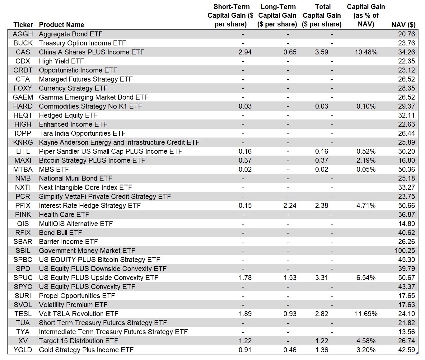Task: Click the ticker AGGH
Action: (23, 34)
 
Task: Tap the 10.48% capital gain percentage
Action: (366, 52)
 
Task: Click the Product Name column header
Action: (61, 25)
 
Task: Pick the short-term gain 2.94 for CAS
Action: (245, 52)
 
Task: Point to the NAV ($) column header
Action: (403, 25)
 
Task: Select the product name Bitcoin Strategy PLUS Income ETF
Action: (92, 160)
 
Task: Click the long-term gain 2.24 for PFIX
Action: (290, 205)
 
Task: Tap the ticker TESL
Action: (23, 314)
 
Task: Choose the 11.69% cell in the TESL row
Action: (366, 314)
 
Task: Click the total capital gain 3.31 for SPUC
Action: (321, 278)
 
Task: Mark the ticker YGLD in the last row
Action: (23, 350)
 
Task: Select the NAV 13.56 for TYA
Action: (406, 332)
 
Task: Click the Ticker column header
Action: (23, 25)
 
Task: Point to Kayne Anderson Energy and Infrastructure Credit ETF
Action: (119, 142)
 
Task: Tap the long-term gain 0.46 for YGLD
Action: (290, 350)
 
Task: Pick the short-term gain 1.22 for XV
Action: (245, 341)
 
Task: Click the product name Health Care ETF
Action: (64, 214)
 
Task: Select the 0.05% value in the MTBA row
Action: (366, 169)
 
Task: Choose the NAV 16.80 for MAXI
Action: (406, 160)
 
